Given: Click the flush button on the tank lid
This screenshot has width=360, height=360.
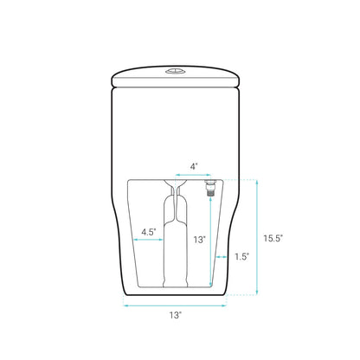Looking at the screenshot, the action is tap(175, 71).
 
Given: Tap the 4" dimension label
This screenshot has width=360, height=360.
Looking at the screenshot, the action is tap(194, 166).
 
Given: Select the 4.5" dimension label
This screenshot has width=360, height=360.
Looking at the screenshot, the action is tap(149, 232).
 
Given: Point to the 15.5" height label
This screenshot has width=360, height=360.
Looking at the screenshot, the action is tap(273, 238).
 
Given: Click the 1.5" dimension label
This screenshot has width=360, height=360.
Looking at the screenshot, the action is tap(241, 256).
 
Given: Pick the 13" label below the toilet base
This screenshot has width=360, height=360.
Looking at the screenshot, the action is tap(176, 315).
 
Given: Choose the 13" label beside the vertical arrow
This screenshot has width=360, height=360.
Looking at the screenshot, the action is tap(199, 240).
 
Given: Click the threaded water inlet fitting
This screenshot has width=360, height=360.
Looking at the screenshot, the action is tap(210, 188).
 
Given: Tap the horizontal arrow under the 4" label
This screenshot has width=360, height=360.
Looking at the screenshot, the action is tap(194, 175).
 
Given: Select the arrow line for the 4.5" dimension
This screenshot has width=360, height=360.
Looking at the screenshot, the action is tap(148, 240).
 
